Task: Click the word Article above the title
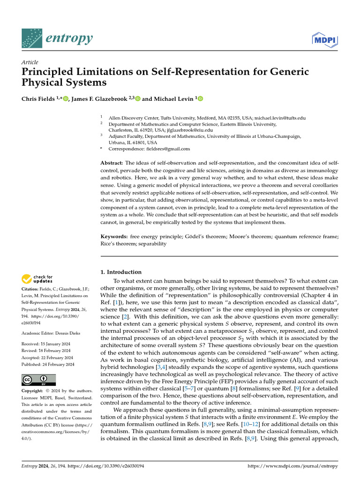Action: (30, 62)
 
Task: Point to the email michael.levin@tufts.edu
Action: (278, 118)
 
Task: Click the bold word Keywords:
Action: (114, 236)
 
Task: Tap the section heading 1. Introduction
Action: (121, 272)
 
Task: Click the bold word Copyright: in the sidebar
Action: (35, 390)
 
